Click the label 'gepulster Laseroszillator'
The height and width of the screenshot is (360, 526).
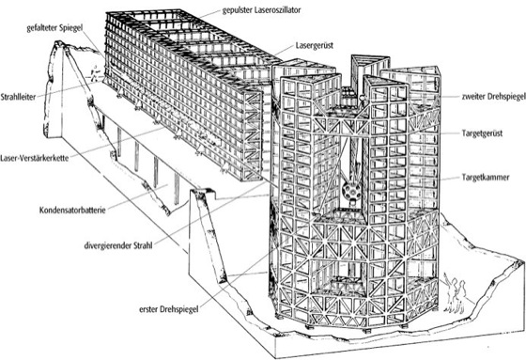pos(261,10)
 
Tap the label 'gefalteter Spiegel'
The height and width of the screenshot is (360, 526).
pos(54,28)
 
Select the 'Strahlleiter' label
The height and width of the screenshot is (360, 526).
pos(18,97)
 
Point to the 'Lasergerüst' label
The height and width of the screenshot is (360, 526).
pos(315,45)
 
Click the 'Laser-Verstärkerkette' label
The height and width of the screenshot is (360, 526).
pos(34,158)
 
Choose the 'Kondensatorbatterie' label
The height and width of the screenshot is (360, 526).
pos(72,211)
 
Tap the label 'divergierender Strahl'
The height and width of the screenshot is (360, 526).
pos(118,245)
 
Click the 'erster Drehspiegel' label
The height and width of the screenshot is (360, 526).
pos(169,309)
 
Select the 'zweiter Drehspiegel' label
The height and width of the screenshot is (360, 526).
pos(493,97)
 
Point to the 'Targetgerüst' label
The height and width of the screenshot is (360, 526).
pos(482,133)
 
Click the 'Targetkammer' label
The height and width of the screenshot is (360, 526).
pos(486,178)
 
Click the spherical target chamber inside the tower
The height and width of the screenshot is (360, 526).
pos(351,191)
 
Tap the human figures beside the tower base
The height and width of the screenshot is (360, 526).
pos(456,293)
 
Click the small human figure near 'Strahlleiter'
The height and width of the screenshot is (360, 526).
pos(95,73)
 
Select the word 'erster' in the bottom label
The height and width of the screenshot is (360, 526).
pos(148,309)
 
